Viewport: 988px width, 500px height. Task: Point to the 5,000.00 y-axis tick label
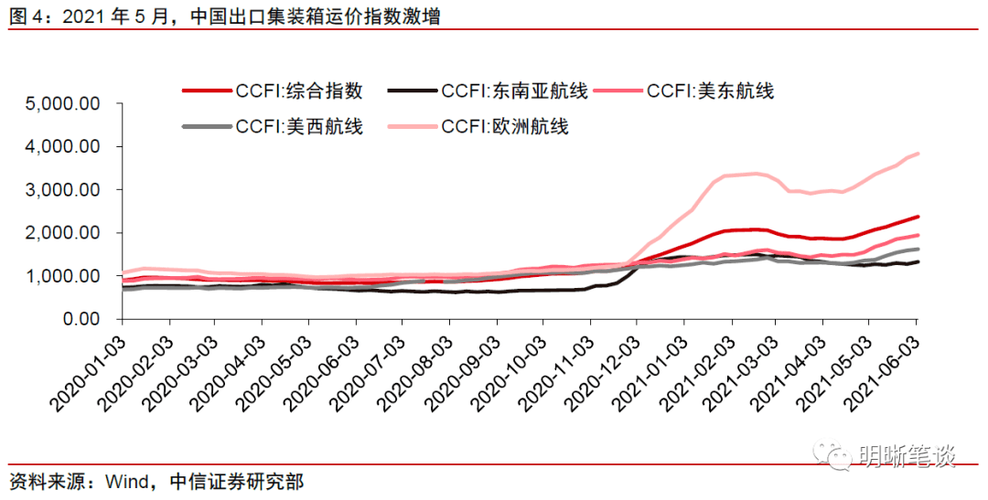coord(64,103)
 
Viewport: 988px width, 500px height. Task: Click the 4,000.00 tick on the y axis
coord(64,146)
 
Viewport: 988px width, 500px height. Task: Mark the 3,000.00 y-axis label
coord(64,189)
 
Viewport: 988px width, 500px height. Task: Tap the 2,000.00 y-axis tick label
coord(64,232)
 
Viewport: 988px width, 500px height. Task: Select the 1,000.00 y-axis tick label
coord(64,275)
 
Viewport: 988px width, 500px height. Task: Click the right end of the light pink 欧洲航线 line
coord(918,154)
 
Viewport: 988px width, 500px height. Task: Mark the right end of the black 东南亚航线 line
coord(918,261)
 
